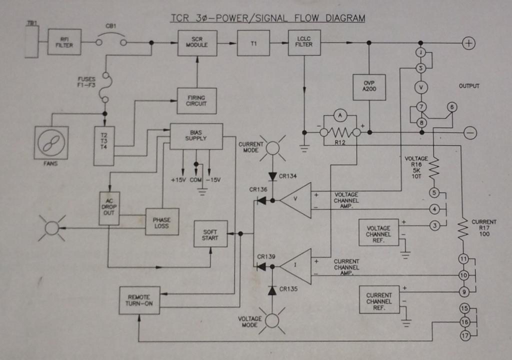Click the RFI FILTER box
click(64, 42)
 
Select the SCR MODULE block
click(197, 43)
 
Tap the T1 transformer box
click(253, 43)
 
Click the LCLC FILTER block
click(304, 43)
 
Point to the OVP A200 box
click(369, 87)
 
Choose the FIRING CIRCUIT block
click(196, 101)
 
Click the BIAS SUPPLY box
click(196, 136)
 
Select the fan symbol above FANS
click(51, 143)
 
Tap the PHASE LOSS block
click(162, 222)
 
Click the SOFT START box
click(210, 234)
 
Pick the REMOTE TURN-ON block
click(139, 300)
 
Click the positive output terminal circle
click(468, 43)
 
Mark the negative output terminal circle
click(470, 133)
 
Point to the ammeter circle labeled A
click(340, 115)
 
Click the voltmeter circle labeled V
click(421, 87)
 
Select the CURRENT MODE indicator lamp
click(272, 148)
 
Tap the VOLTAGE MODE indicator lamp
click(272, 321)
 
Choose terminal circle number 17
click(465, 336)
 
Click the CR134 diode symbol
click(272, 176)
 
